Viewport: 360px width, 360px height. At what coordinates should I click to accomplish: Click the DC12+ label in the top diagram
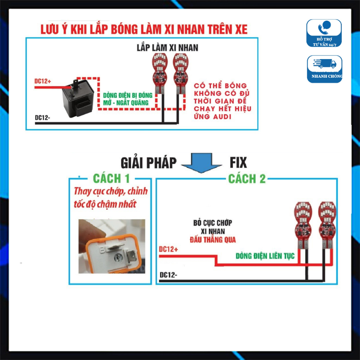coord(43,82)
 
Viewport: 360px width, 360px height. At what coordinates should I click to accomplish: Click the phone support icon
coord(324,28)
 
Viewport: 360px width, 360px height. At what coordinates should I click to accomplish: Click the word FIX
coord(238,163)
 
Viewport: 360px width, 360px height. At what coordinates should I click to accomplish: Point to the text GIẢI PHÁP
coord(148,163)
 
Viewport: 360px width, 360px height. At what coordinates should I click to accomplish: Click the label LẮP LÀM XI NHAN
coord(167,47)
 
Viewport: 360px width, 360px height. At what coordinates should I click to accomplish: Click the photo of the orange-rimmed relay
coord(112,246)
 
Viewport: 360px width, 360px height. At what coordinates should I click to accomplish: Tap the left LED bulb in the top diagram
coord(159,73)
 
